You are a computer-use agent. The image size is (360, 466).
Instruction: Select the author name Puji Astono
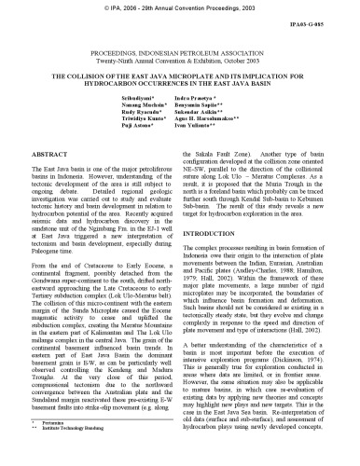(119, 153)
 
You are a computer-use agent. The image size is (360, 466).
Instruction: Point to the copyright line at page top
(180, 7)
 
